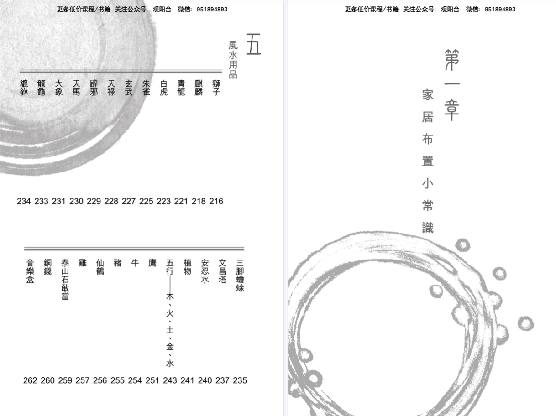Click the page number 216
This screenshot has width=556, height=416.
coord(216,202)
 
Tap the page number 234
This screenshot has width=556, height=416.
coord(24,202)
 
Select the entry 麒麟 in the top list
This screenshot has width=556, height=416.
coord(199,88)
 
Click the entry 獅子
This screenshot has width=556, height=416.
coord(216,88)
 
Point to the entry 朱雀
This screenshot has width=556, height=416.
coord(146,88)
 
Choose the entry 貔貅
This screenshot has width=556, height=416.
coord(24,88)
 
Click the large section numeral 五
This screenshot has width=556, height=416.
coord(253,44)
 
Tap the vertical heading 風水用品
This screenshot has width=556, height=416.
coord(233,60)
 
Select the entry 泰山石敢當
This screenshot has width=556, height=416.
coord(65,279)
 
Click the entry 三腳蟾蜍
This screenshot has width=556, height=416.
coord(240,276)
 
